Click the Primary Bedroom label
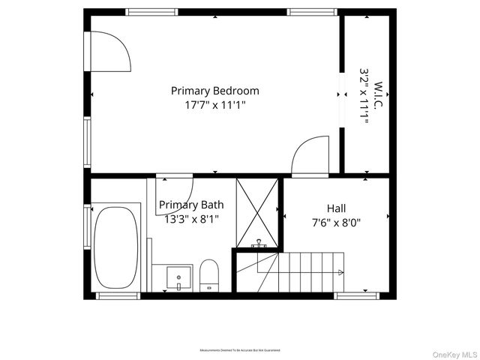point(215,91)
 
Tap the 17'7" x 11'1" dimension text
point(215,106)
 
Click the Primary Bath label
point(190,205)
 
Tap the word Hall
point(336,208)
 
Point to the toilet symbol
point(209,274)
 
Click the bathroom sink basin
point(179,277)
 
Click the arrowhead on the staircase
point(342,272)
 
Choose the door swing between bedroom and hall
point(310,154)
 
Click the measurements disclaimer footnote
point(239,350)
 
